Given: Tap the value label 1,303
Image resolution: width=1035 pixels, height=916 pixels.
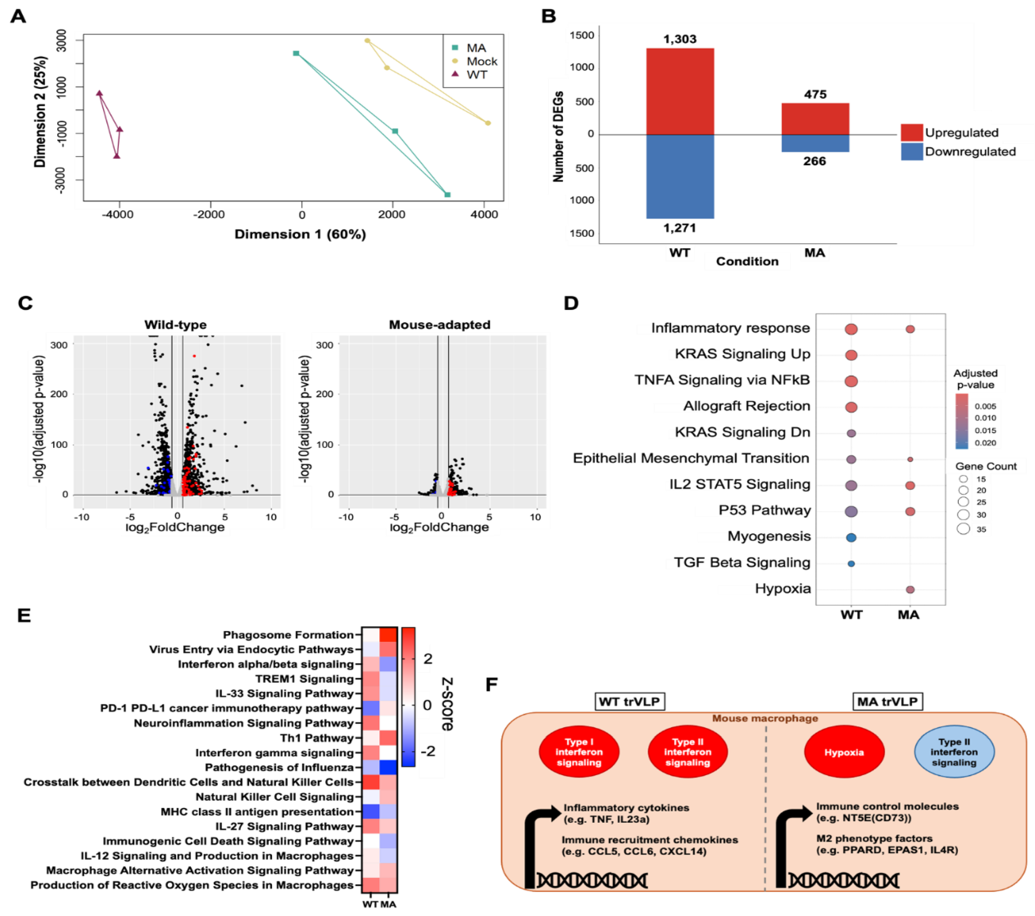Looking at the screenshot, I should pos(680,39).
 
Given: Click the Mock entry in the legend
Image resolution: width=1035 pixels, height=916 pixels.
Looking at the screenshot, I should pos(481,61).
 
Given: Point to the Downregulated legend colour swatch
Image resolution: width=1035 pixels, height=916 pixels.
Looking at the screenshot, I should pos(911,151).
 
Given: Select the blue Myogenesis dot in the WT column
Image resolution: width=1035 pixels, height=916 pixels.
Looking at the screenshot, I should pos(851,537).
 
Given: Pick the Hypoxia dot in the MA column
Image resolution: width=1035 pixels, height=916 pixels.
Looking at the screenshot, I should pos(910,589).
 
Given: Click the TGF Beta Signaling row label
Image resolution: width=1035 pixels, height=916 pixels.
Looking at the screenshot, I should pos(742,563).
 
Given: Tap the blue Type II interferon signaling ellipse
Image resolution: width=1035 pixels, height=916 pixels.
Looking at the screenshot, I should pos(954,752).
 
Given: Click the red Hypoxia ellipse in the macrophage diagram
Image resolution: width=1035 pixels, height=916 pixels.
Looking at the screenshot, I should pos(844,752).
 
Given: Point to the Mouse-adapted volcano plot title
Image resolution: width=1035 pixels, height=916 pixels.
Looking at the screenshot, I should pos(440,325).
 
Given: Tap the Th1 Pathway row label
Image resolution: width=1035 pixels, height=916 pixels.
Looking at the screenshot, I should pos(317,738).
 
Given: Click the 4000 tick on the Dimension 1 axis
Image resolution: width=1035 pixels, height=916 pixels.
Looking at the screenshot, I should pos(484,214).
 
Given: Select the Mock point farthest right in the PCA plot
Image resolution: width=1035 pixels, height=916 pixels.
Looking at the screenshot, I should pos(488,123).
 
